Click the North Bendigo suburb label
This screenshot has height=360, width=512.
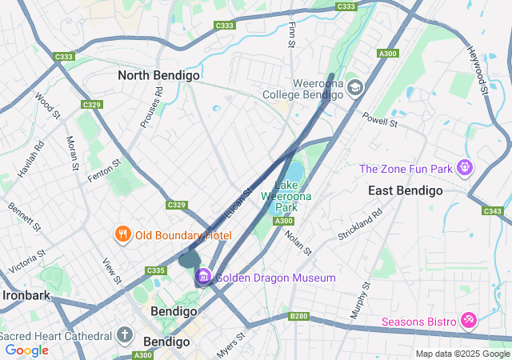pyautogui.click(x=158, y=75)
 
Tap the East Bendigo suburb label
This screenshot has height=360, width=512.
pyautogui.click(x=405, y=190)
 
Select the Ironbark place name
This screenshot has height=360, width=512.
pyautogui.click(x=26, y=294)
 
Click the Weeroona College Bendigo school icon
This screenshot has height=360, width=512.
pyautogui.click(x=354, y=87)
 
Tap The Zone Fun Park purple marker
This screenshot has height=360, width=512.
pyautogui.click(x=465, y=168)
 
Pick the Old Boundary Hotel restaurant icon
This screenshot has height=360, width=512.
pyautogui.click(x=122, y=234)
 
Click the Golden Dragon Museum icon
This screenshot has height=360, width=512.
pyautogui.click(x=203, y=277)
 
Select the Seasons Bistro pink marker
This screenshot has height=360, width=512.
pyautogui.click(x=469, y=322)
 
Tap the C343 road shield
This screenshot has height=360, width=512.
pyautogui.click(x=493, y=211)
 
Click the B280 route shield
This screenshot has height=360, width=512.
pyautogui.click(x=298, y=316)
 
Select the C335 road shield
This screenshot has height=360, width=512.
pyautogui.click(x=155, y=270)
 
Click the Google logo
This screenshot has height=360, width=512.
pyautogui.click(x=26, y=350)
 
